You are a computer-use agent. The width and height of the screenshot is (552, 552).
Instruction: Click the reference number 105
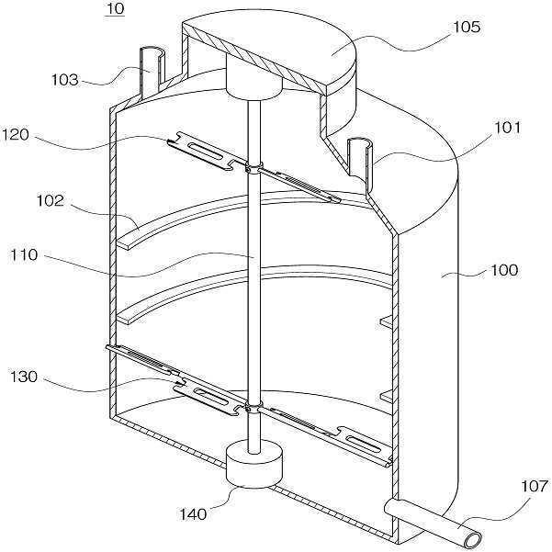pos(466,28)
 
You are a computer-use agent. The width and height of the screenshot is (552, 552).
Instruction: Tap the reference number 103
pos(65,80)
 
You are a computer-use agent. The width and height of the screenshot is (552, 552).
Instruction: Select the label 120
pos(15,135)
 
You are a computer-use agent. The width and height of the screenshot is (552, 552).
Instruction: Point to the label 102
pos(51,200)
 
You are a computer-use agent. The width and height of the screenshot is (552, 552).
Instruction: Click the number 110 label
pos(24,255)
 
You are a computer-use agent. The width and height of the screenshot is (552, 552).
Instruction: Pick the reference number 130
pos(24,377)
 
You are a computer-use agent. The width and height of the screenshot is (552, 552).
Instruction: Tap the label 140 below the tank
pos(193,514)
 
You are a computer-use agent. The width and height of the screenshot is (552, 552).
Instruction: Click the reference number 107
pos(535,487)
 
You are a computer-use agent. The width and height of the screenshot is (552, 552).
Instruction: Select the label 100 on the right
pos(504,270)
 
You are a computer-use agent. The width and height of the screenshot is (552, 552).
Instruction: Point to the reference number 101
pos(507,128)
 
